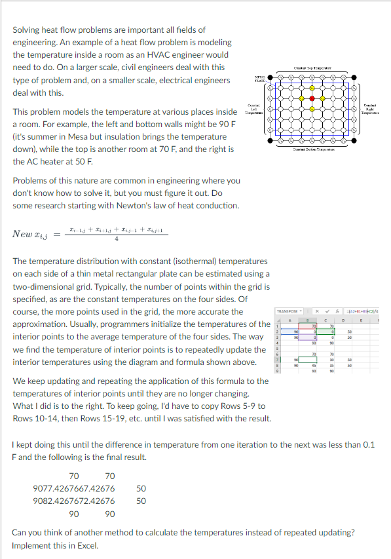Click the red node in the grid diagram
tap(312, 99)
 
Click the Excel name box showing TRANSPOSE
tap(288, 311)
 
